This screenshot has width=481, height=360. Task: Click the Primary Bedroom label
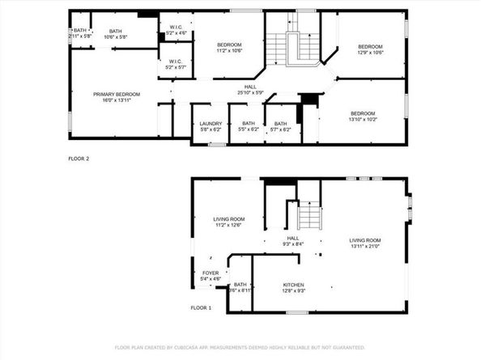coord(117,94)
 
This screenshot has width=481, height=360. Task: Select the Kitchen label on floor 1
coord(292,285)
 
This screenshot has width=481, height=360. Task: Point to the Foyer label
coord(210,273)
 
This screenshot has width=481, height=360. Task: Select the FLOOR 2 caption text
coord(79,159)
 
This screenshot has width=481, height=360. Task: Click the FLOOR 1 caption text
coord(201,308)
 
